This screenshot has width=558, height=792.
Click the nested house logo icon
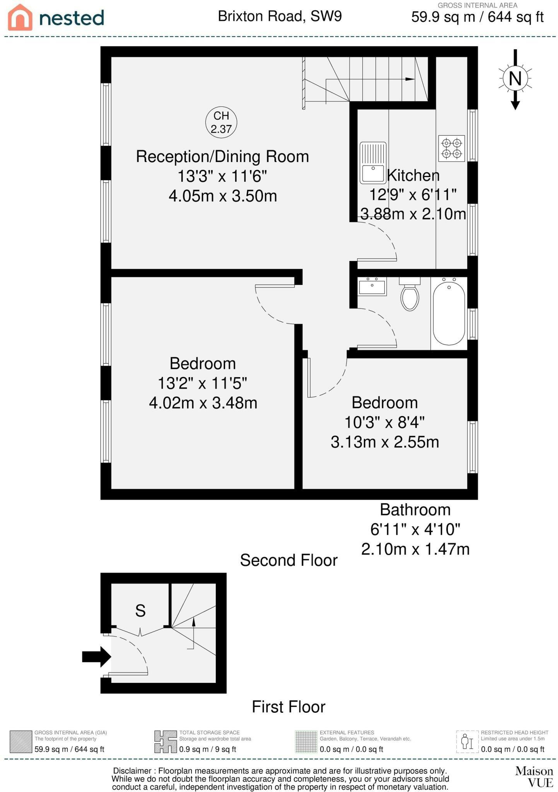pyautogui.click(x=20, y=17)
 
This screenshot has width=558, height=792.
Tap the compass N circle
pyautogui.click(x=515, y=79)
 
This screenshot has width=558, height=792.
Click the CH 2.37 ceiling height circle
pyautogui.click(x=221, y=122)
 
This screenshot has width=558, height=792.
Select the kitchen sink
pyautogui.click(x=373, y=163)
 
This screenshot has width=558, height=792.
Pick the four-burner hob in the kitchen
pyautogui.click(x=451, y=148)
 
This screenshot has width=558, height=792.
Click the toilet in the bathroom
pyautogui.click(x=410, y=294)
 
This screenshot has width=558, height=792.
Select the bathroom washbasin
pyautogui.click(x=372, y=287)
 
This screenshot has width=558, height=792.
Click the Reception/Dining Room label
pyautogui.click(x=222, y=157)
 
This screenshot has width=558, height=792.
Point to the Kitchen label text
pyautogui.click(x=413, y=175)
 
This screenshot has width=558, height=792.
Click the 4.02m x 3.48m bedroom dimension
pyautogui.click(x=203, y=403)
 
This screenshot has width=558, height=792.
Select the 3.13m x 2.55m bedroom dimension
pyautogui.click(x=385, y=442)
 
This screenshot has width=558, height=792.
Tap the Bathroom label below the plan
pyautogui.click(x=415, y=510)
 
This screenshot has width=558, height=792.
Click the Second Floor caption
pyautogui.click(x=289, y=560)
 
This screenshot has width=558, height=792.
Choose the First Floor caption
pyautogui.click(x=288, y=707)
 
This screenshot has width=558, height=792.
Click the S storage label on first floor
pyautogui.click(x=140, y=611)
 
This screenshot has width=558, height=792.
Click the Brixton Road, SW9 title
pyautogui.click(x=280, y=16)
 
